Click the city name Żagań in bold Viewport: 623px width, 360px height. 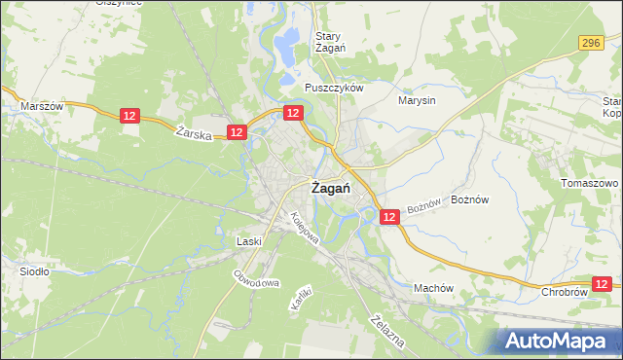[x=330, y=189]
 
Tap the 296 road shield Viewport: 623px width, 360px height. [x=590, y=43]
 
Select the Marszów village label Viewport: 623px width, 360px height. [x=42, y=106]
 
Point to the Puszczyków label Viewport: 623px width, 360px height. [x=333, y=87]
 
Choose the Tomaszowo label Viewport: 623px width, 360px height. [x=590, y=183]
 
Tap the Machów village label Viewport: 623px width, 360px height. [x=434, y=288]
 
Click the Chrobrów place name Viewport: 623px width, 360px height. [x=566, y=291]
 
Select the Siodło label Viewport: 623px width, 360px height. [x=35, y=271]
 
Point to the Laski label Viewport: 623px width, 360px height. [x=249, y=240]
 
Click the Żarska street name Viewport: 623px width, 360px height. [x=196, y=135]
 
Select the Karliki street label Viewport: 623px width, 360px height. [x=300, y=298]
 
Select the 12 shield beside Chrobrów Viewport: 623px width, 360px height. [x=603, y=283]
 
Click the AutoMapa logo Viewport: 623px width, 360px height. [x=559, y=341]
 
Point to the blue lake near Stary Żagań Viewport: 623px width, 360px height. [x=287, y=43]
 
